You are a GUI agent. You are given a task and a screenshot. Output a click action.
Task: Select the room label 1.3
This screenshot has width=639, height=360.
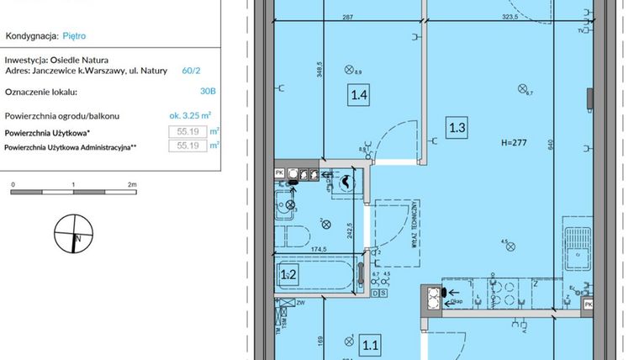coord(457,128)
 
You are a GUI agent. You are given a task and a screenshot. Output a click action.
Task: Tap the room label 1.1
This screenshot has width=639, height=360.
coord(370,343)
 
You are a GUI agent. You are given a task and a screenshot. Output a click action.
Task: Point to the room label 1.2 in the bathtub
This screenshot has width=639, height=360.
coord(288,273)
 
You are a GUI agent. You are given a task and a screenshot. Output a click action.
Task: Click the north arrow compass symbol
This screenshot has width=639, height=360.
coord(72,233)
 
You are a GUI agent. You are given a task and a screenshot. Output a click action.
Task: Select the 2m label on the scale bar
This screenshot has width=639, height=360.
coord(132,183)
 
